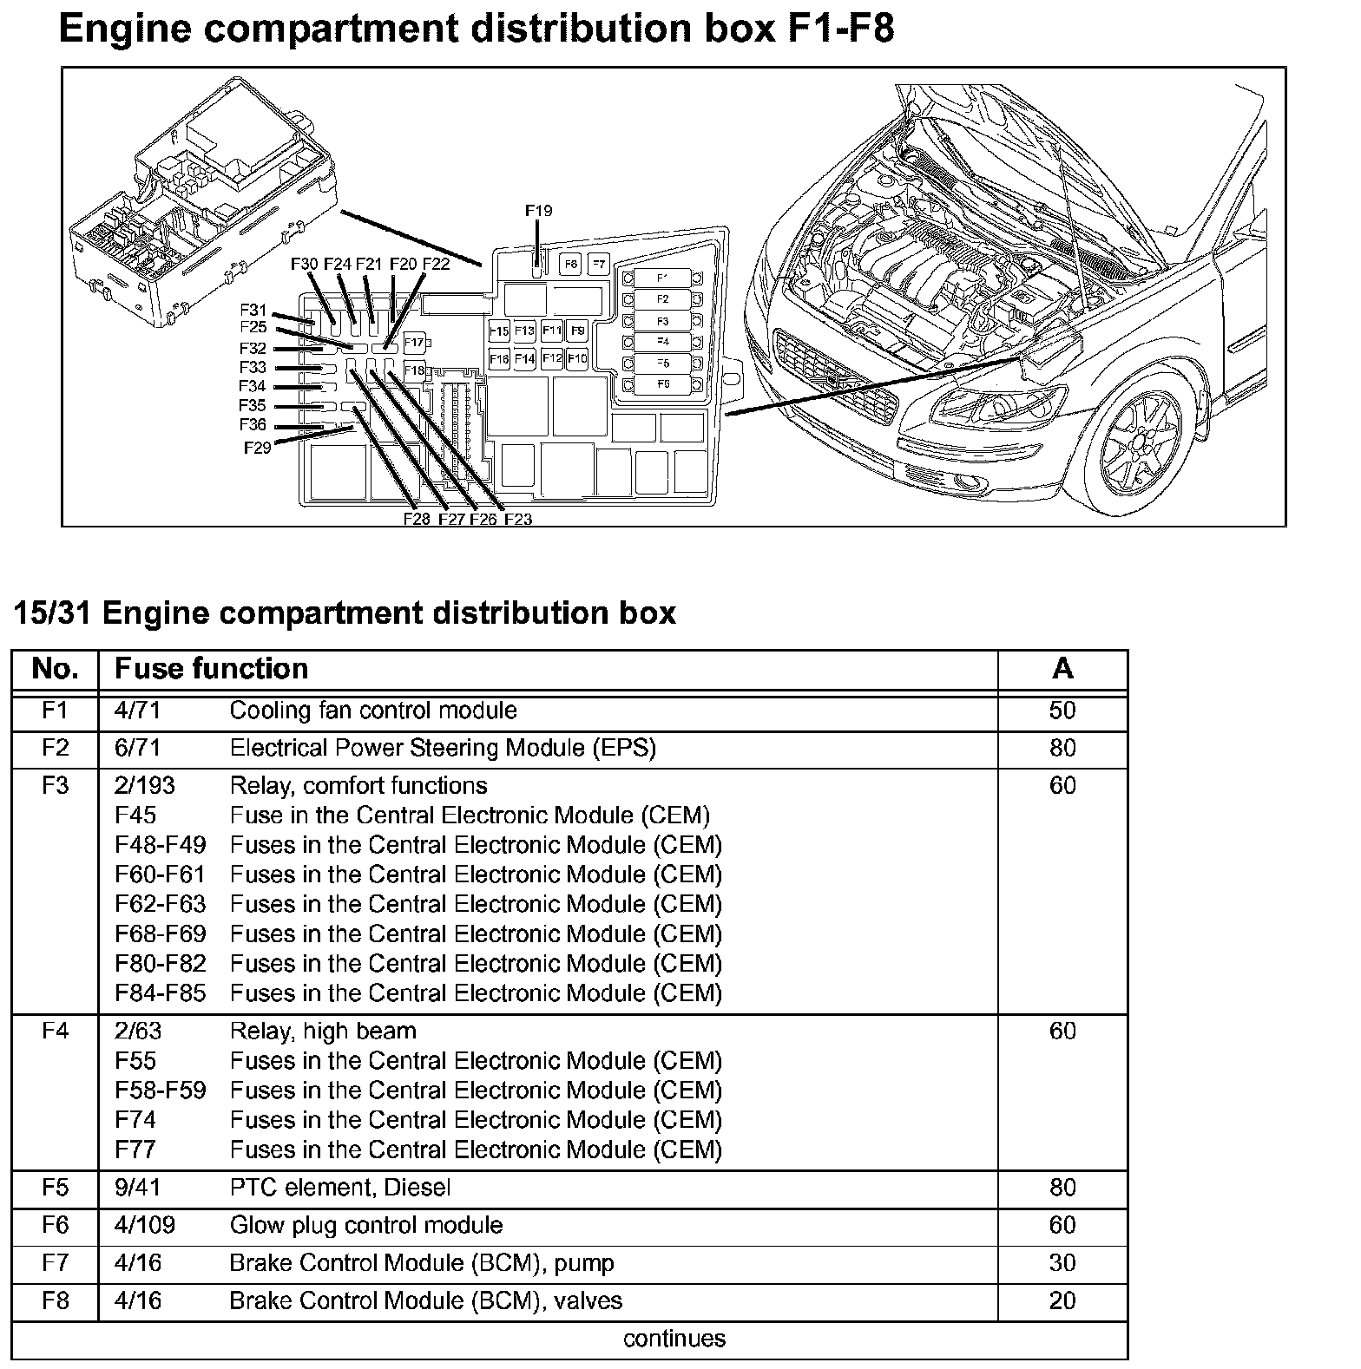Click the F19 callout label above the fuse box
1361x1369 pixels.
pos(538,211)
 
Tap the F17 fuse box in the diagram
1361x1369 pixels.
pos(414,343)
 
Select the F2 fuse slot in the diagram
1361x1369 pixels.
pos(662,299)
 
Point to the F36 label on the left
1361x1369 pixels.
pos(253,425)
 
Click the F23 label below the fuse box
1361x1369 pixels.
pos(517,520)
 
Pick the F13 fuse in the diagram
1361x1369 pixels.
pos(524,331)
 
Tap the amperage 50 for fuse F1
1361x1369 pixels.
pos(1062,711)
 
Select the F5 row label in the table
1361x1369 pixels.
pos(55,1187)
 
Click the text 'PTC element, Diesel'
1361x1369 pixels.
pos(339,1187)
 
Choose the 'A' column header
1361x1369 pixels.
pos(1062,669)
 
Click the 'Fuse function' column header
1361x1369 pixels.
pos(211,669)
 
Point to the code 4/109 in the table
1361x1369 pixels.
pos(144,1225)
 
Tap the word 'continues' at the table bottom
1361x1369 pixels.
pos(674,1339)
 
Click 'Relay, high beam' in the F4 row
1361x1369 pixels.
pos(323,1031)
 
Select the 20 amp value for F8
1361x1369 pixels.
pos(1062,1300)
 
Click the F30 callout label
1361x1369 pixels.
pos(305,264)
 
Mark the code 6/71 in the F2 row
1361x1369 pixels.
pos(137,748)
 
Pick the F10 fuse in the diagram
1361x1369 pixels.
pos(577,358)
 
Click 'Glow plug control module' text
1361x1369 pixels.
pos(365,1225)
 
